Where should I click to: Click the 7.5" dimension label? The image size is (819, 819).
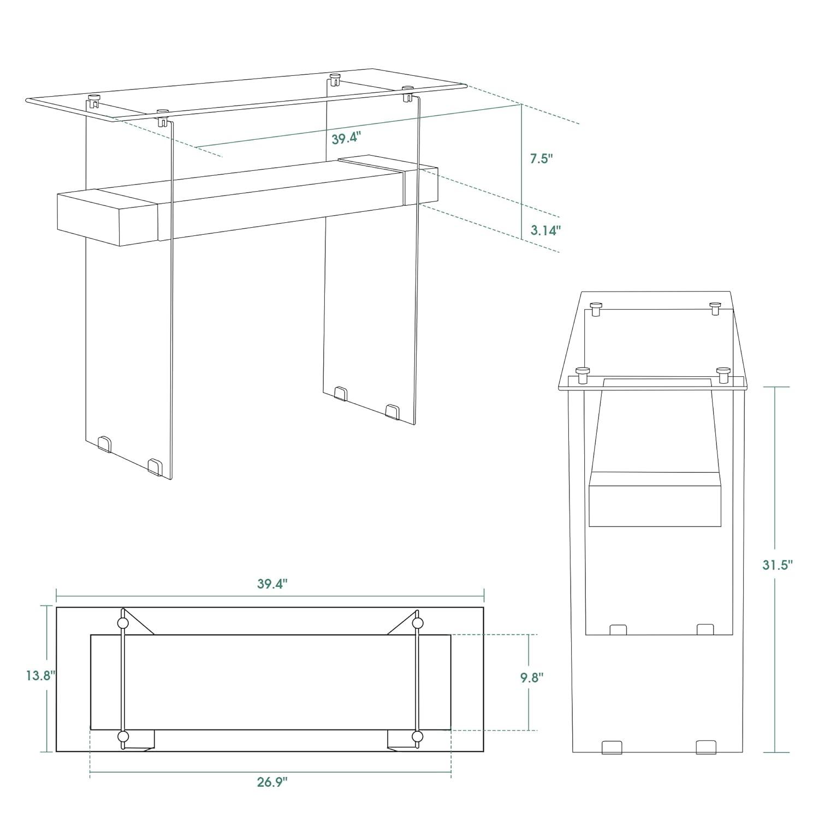(542, 159)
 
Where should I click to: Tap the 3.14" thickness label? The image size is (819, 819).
(545, 230)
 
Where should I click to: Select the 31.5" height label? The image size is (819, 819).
(777, 565)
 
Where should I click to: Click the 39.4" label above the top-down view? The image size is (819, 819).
(272, 584)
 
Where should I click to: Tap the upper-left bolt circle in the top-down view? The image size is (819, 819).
(123, 624)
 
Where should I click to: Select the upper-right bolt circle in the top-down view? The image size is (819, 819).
(418, 623)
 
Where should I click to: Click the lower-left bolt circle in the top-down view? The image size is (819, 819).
(123, 737)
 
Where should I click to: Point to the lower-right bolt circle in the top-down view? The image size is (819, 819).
(418, 737)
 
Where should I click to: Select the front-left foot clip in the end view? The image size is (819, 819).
(612, 747)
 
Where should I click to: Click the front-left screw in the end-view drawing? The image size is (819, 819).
(583, 374)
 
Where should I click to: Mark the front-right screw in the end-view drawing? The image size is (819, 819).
(724, 374)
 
